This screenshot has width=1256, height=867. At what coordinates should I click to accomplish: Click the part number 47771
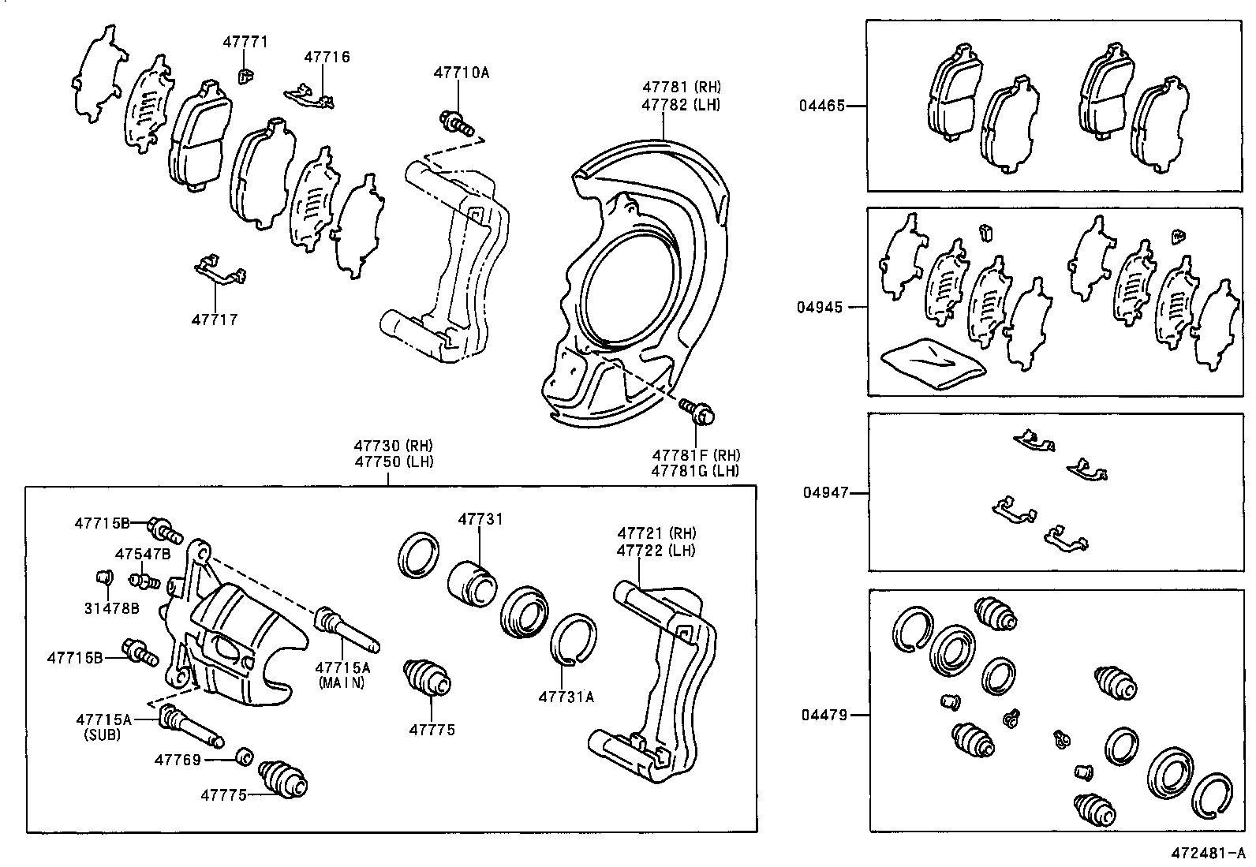click(245, 42)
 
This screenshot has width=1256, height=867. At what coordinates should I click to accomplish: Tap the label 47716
click(327, 57)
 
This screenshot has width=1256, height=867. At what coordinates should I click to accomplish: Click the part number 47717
click(214, 320)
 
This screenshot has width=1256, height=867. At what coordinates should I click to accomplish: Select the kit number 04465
click(821, 105)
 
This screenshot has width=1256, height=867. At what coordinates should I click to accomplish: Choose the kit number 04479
click(824, 715)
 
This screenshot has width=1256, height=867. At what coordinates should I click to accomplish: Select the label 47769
click(178, 760)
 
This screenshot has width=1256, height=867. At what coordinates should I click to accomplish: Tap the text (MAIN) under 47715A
click(342, 683)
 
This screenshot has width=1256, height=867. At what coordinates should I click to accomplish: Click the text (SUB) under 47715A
click(103, 734)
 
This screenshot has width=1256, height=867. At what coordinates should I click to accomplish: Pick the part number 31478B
click(111, 608)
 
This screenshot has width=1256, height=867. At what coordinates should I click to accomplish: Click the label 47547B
click(142, 554)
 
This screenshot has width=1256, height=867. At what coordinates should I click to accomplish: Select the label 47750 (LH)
click(394, 462)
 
